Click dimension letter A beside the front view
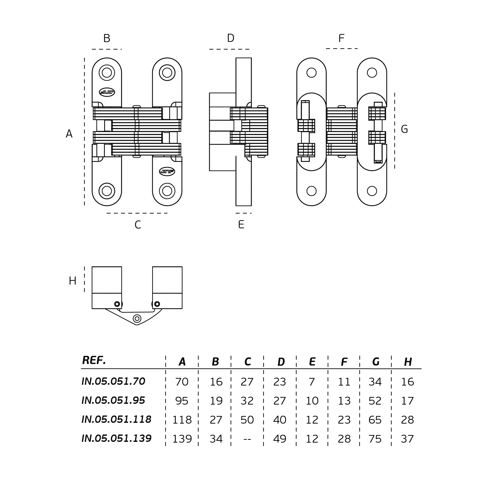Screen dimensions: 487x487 click(69, 134)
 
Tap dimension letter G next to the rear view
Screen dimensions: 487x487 click(404, 129)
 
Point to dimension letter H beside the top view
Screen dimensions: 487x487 click(73, 281)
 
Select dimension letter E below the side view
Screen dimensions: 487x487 click(241, 224)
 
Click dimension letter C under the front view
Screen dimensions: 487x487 click(138, 225)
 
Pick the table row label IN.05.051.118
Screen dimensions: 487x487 click(116, 419)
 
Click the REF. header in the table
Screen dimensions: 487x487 click(94, 360)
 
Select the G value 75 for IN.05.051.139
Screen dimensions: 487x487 click(375, 439)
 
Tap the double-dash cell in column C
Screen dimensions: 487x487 click(247, 439)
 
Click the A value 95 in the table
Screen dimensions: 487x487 click(182, 401)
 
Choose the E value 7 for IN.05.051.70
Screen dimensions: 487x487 click(312, 382)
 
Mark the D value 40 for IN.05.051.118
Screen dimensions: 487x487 click(280, 420)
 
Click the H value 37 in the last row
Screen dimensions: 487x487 click(407, 439)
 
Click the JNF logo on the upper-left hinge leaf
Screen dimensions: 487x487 click(107, 92)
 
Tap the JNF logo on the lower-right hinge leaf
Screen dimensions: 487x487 click(167, 172)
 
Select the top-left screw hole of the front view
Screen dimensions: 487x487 click(107, 73)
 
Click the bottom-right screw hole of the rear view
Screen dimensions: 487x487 click(372, 191)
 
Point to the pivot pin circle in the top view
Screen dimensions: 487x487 click(137, 319)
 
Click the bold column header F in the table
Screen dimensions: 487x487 click(344, 362)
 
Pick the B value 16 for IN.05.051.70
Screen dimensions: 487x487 click(216, 382)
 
